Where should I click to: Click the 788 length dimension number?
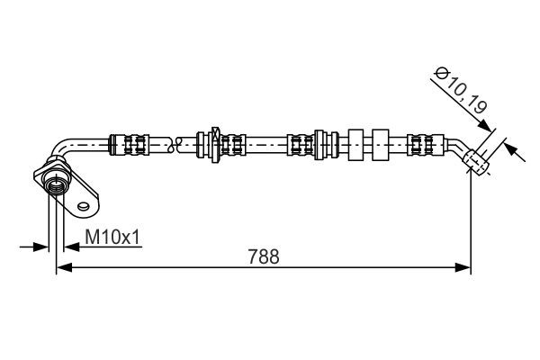coord(262,256)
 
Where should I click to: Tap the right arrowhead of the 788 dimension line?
coord(464,267)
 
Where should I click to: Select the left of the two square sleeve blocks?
coord(354,142)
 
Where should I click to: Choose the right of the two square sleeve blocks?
coord(381,142)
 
